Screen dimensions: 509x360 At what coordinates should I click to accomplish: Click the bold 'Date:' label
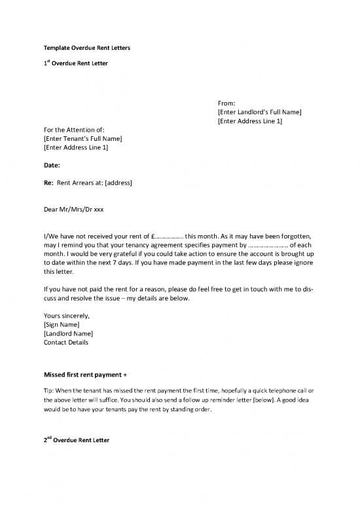pos(52,165)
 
